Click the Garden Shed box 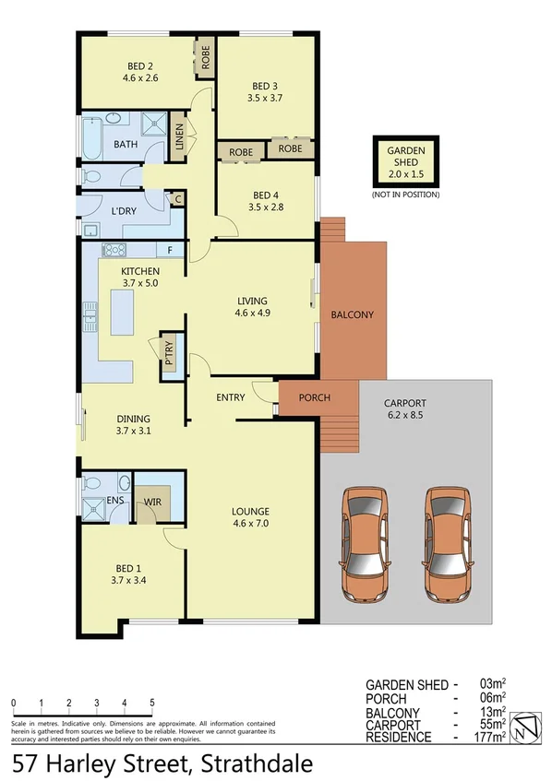coord(405,161)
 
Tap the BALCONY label coord(352,314)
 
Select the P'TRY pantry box coord(170,351)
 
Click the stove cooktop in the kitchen coord(114,249)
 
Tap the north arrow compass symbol coord(525,727)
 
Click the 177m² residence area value coord(491,737)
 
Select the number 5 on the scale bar coord(151,703)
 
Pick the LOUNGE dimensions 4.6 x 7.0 coord(250,526)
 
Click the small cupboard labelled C coord(176,199)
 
